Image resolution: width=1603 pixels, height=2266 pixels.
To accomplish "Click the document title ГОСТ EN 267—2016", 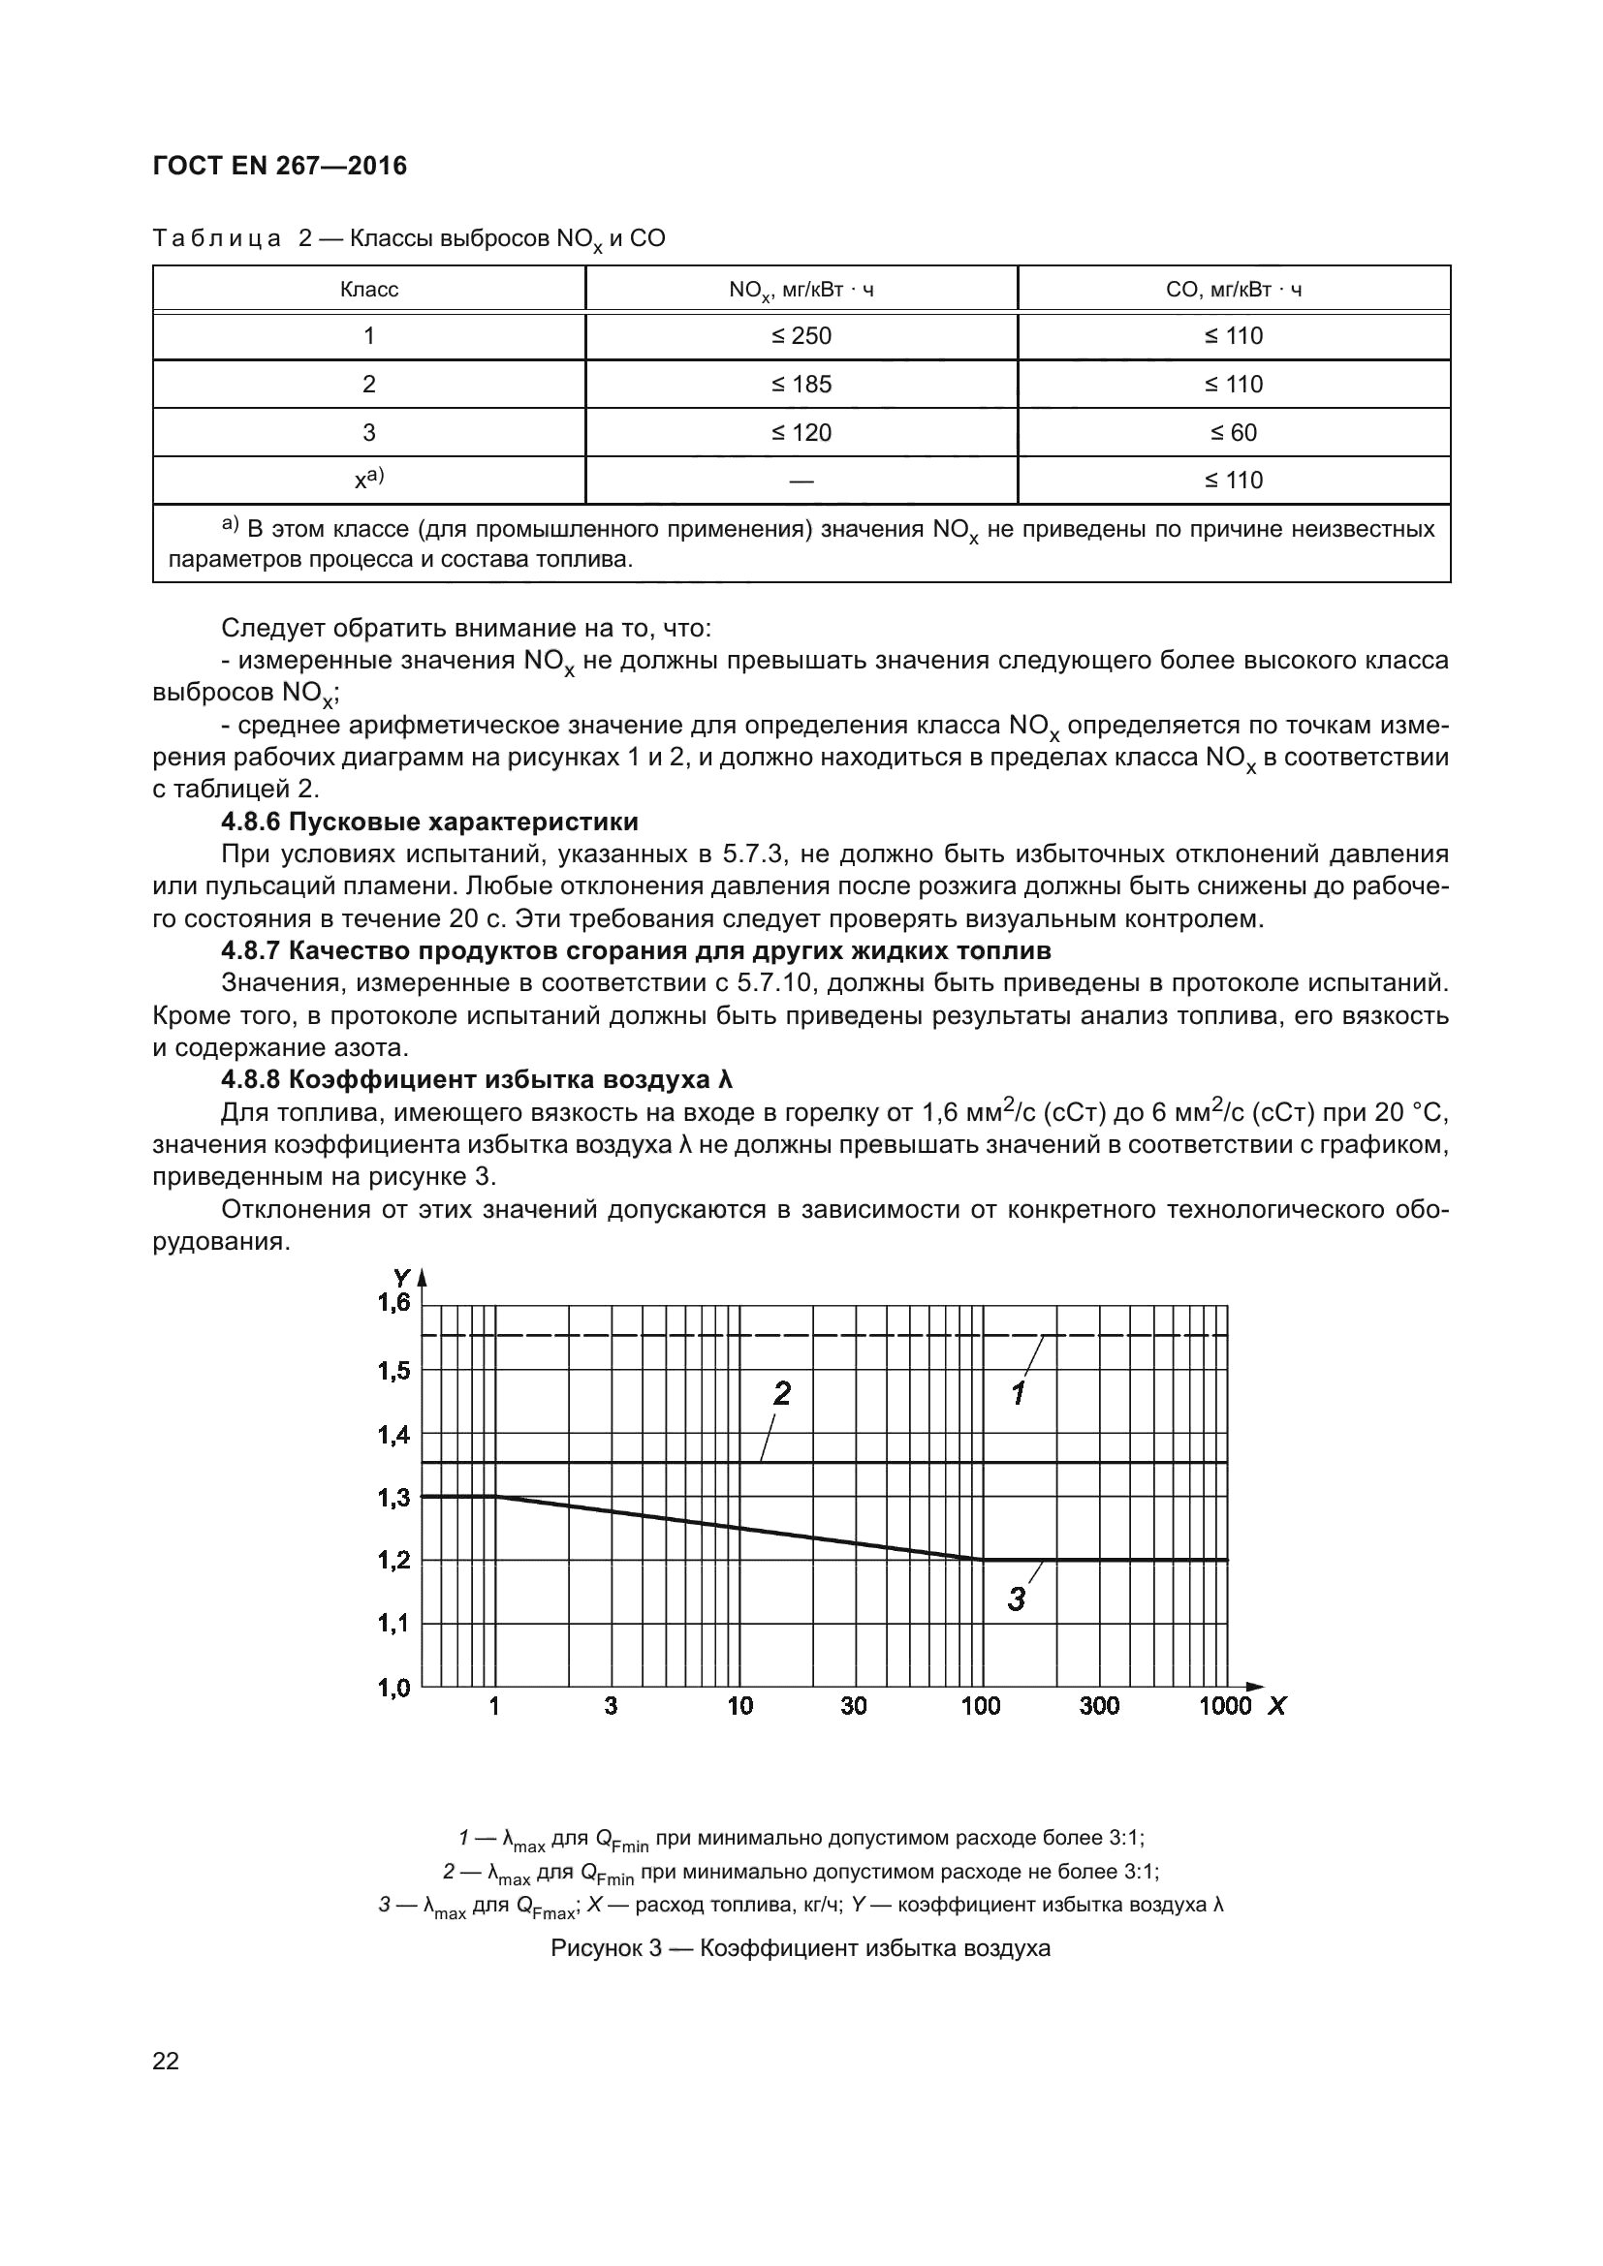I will (279, 166).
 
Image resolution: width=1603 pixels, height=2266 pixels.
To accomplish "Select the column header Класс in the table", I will (368, 289).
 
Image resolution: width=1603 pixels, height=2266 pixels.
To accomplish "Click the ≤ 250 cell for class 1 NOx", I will (801, 335).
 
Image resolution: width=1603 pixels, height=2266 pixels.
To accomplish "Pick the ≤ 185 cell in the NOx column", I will (801, 384).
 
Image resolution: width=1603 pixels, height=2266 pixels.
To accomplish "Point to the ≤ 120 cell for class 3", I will (801, 432).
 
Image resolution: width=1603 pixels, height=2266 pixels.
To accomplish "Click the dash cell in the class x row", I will (801, 481).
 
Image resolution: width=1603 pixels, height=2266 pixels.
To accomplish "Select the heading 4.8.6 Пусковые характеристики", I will (429, 822).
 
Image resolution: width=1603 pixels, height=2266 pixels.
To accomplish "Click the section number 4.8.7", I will (251, 950).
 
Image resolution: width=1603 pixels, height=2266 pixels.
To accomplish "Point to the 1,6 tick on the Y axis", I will (393, 1304).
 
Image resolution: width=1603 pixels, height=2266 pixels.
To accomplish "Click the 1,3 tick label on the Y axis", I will (393, 1497).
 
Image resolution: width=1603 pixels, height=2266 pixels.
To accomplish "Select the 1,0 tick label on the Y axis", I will (393, 1688).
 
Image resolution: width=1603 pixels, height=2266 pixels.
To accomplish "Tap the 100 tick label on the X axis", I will (980, 1706).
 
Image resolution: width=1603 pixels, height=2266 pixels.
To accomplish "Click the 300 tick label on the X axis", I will (1099, 1706).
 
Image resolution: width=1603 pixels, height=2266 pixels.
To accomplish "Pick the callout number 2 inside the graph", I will (782, 1393).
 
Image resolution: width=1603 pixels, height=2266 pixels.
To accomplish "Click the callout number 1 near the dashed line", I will (1020, 1393).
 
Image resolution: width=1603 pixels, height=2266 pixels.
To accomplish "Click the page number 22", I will (166, 2061).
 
